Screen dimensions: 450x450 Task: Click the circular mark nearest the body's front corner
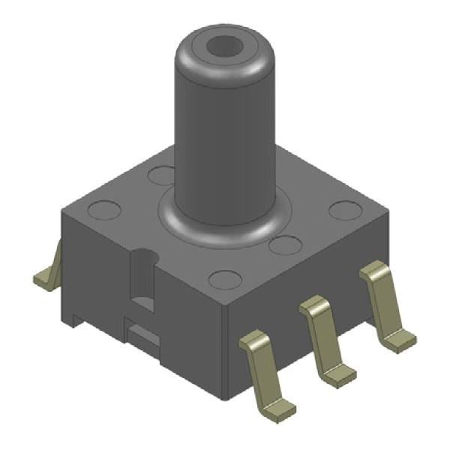point(224,280)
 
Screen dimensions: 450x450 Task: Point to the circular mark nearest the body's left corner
point(103,210)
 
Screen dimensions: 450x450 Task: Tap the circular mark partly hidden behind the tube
point(161,175)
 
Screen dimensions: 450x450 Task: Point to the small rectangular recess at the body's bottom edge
point(142,333)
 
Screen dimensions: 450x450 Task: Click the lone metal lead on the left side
point(48,274)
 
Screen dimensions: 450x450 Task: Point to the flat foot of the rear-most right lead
point(400,341)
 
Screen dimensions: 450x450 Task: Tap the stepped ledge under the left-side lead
point(72,319)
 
